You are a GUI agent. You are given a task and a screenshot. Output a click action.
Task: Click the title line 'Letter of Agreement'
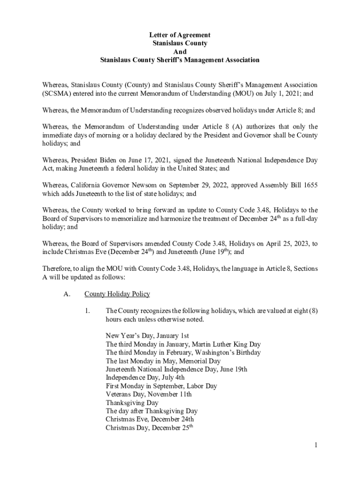(x=180, y=35)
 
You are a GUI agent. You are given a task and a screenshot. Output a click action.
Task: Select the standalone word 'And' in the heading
(x=180, y=52)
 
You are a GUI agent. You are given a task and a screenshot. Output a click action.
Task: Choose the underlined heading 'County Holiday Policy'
(x=117, y=294)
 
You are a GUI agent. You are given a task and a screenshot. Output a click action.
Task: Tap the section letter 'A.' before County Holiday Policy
(x=66, y=294)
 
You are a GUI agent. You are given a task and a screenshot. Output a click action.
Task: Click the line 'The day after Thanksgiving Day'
(x=151, y=411)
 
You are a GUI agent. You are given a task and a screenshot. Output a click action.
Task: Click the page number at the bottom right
(x=316, y=445)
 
